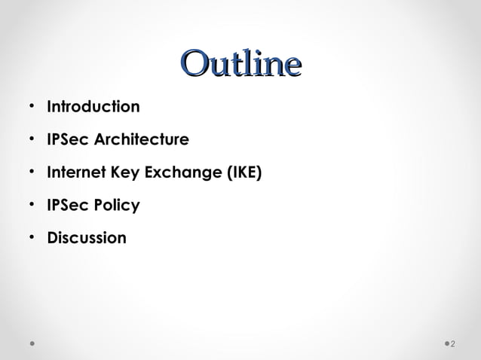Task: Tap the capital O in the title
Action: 195,64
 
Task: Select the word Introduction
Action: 93,107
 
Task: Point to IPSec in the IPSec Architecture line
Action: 67,140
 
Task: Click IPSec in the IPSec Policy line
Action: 67,206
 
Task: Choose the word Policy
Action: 115,206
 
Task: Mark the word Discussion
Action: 87,239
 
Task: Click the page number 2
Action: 453,345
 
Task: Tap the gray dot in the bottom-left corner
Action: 32,344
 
